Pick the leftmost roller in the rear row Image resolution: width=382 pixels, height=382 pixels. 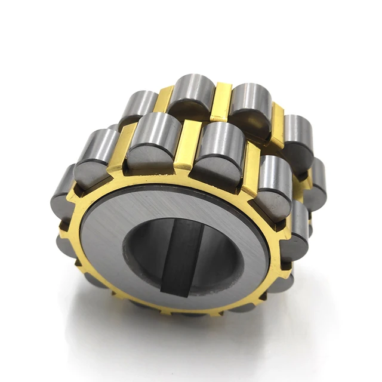click(138, 107)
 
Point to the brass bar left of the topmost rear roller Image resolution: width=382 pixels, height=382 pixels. click(164, 98)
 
